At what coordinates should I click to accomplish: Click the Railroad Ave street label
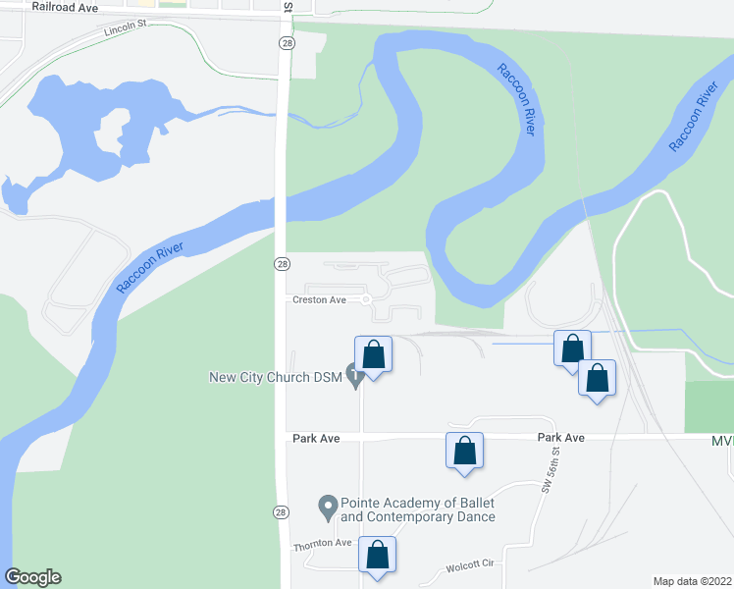[x=66, y=7]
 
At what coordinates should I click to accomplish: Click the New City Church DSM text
[x=274, y=377]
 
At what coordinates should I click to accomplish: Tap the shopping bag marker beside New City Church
[x=374, y=354]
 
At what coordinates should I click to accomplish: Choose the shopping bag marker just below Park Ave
[x=465, y=451]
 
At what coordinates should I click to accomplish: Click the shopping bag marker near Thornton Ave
[x=378, y=555]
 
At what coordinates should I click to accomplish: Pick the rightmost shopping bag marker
[x=597, y=379]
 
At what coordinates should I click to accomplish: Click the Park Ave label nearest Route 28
[x=316, y=438]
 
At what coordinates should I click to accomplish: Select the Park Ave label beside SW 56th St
[x=560, y=438]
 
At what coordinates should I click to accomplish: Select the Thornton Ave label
[x=322, y=543]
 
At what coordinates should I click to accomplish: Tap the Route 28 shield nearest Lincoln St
[x=283, y=44]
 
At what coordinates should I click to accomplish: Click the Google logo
[x=32, y=577]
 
